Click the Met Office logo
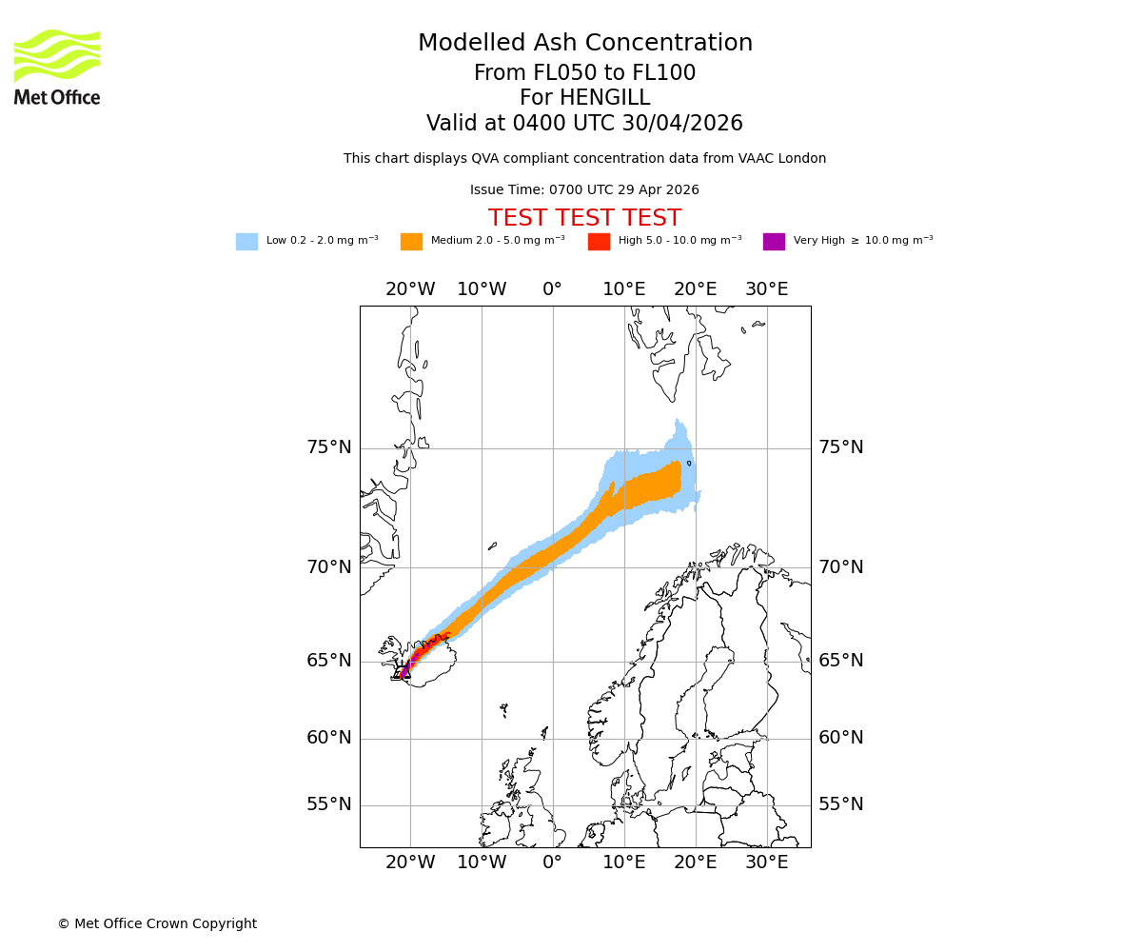tap(57, 67)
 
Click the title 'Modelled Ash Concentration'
tap(584, 44)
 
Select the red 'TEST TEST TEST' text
tap(584, 218)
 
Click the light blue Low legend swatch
tap(246, 242)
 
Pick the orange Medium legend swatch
tap(411, 242)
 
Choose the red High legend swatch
tap(599, 242)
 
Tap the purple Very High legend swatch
tap(774, 242)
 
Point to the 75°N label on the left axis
tap(328, 447)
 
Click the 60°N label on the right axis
tap(841, 738)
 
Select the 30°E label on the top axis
tap(766, 289)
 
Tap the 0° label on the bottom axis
tap(553, 863)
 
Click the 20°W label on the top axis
tap(410, 289)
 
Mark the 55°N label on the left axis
tap(328, 804)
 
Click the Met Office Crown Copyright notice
tap(157, 923)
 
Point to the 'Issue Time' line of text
tap(584, 190)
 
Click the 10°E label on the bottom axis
tap(624, 863)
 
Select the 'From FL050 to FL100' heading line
tap(584, 73)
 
